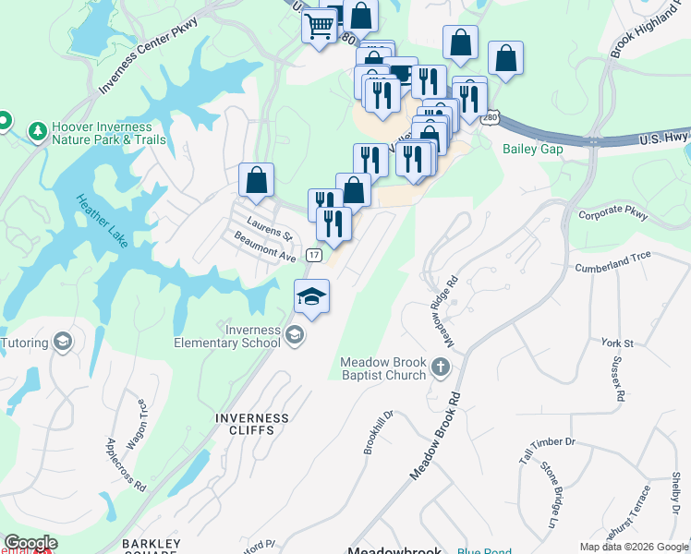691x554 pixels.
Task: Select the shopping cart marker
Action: point(319,26)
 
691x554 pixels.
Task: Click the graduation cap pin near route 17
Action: point(311,296)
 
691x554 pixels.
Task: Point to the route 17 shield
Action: point(315,254)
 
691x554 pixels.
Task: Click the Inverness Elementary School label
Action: point(227,336)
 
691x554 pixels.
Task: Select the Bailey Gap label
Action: point(532,149)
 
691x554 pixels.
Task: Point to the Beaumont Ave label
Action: point(263,248)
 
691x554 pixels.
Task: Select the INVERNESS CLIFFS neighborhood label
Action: point(251,424)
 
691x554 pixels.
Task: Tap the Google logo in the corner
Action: point(30,543)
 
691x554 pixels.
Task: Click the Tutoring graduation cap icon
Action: point(63,343)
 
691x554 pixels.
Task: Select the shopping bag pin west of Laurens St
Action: point(257,179)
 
